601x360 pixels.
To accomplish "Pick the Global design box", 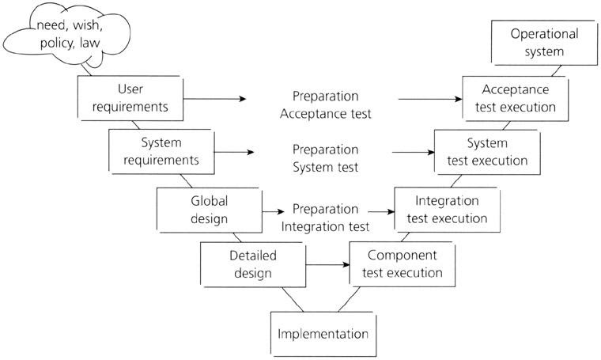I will pyautogui.click(x=209, y=208).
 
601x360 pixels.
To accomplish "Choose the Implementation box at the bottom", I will pyautogui.click(x=322, y=332).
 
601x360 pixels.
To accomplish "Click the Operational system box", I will pyautogui.click(x=545, y=43).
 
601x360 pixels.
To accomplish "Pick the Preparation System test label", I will pyautogui.click(x=324, y=157).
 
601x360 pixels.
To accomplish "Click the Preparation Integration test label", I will pyautogui.click(x=324, y=218).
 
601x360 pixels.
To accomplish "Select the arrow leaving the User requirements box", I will pyautogui.click(x=217, y=99).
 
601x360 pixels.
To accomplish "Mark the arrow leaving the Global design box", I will pyautogui.click(x=272, y=212).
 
